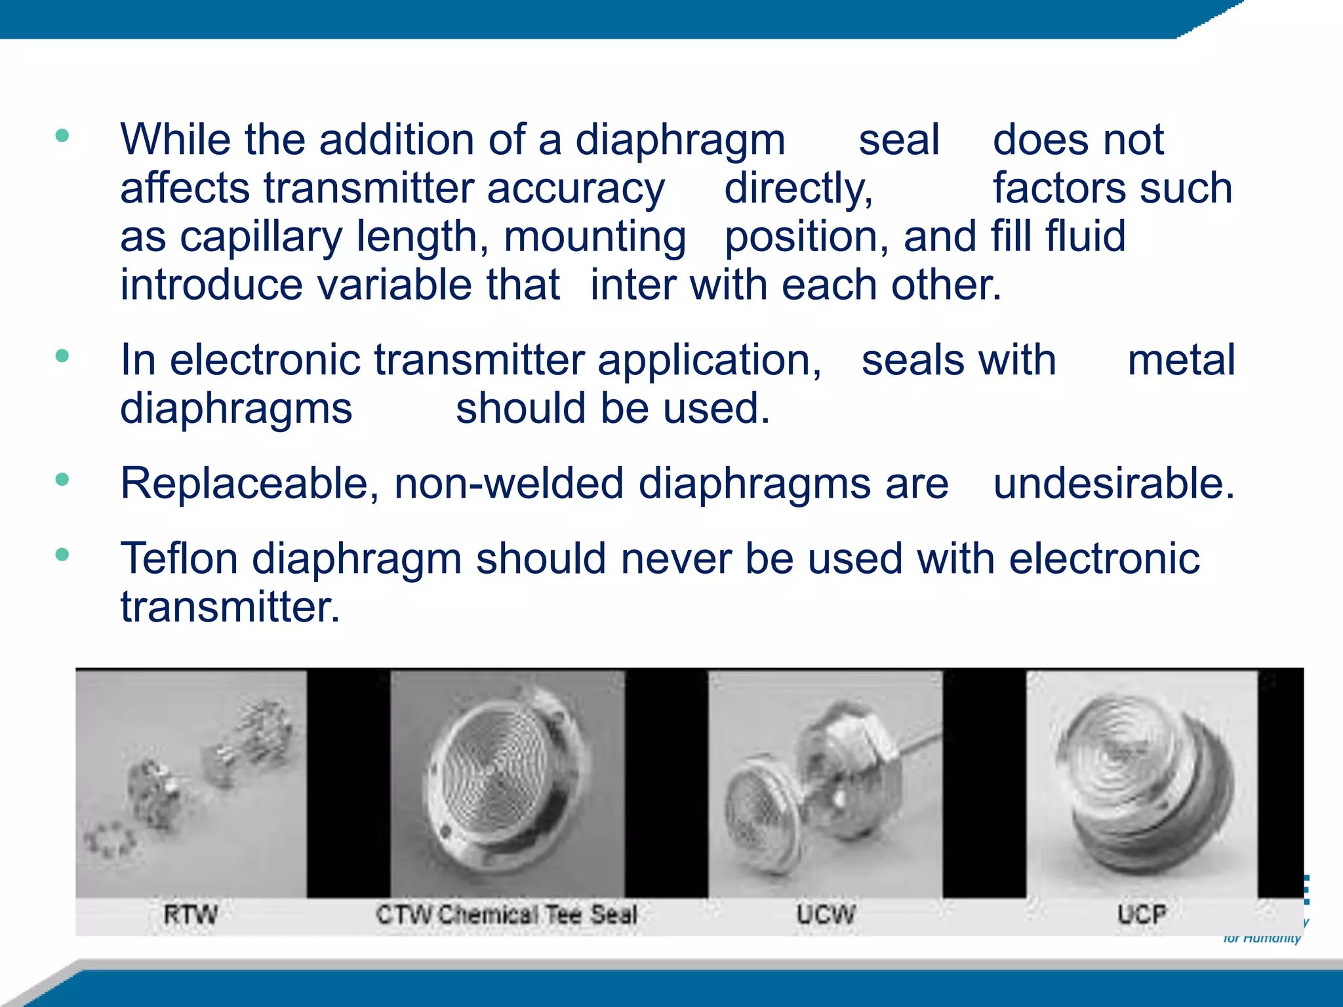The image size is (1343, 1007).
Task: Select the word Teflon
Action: tap(179, 559)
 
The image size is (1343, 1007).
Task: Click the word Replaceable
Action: tap(249, 484)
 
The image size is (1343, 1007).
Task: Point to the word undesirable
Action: tap(1113, 484)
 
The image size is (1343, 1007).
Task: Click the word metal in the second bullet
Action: tap(1181, 361)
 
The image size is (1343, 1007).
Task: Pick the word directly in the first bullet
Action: tap(798, 189)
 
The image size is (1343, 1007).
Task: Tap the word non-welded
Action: tap(508, 484)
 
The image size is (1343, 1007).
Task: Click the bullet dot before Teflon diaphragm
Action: tap(62, 555)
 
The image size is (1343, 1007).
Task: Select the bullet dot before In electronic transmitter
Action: tap(62, 356)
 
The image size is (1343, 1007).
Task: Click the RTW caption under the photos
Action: tap(190, 914)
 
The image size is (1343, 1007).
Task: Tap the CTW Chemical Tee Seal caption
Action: tap(506, 914)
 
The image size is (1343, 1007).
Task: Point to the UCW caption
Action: tap(826, 914)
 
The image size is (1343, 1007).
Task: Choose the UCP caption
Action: tap(1141, 914)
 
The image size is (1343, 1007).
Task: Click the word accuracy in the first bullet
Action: tap(575, 189)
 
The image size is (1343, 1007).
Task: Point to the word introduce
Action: tap(211, 285)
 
